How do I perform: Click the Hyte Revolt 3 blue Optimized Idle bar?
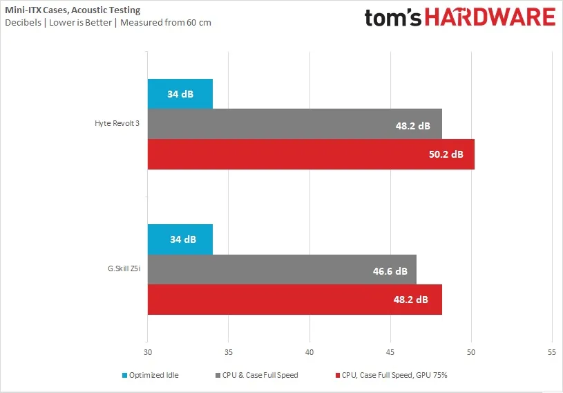180,93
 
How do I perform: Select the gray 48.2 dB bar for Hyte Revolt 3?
294,124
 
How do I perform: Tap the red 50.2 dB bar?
311,154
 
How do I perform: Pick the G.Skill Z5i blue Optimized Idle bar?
180,239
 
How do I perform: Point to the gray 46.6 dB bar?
282,270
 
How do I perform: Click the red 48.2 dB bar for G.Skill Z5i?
294,300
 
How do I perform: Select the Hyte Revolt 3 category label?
117,124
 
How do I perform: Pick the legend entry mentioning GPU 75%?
394,375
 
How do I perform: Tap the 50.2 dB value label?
446,154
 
